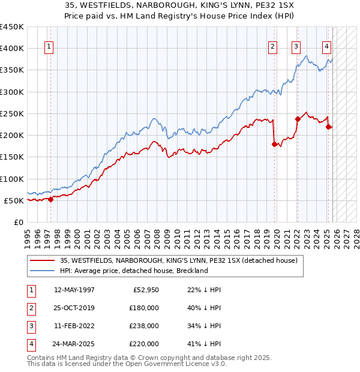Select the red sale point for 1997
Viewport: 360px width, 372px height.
50,200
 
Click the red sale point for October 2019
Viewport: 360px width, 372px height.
275,144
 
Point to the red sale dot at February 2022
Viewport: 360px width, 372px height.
297,119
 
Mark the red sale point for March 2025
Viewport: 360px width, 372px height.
328,127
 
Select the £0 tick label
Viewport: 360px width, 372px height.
18,222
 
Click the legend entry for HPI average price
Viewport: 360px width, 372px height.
133,271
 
